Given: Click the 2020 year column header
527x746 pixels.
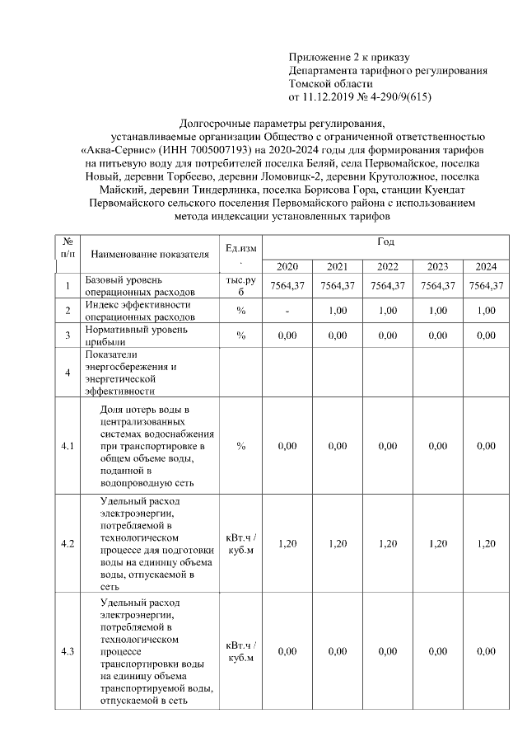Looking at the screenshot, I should [287, 266].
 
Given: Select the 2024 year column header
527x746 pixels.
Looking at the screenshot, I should [486, 266].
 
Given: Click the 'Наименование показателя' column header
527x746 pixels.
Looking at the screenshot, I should [150, 253].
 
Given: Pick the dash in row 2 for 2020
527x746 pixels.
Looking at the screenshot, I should [287, 310].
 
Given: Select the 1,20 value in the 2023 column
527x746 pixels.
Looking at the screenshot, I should [437, 543].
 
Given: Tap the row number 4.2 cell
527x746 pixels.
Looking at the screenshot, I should [68, 544].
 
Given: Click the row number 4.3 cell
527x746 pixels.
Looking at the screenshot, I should [68, 651].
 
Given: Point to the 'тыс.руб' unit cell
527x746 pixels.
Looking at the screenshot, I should [241, 286].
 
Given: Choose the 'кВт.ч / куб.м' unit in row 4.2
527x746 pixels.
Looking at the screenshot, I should [241, 544].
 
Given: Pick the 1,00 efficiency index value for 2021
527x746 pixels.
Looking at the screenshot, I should [337, 310].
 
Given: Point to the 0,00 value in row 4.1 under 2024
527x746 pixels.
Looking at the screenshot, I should [486, 446].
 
